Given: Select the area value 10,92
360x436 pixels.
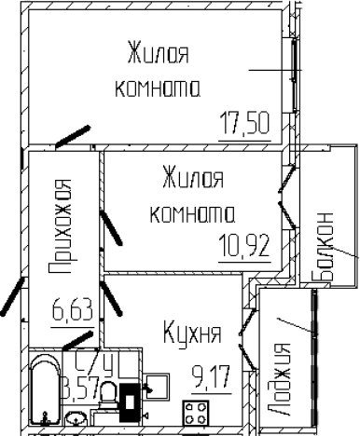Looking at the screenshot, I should pyautogui.click(x=245, y=248).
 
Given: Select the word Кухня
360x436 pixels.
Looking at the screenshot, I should pyautogui.click(x=191, y=333).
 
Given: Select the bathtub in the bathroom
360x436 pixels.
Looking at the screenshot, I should pyautogui.click(x=45, y=391).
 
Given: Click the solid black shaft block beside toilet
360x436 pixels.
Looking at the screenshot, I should pyautogui.click(x=132, y=398).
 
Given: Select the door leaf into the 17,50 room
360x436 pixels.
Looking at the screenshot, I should pyautogui.click(x=73, y=136).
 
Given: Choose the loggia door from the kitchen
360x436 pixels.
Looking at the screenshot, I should pyautogui.click(x=246, y=339).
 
